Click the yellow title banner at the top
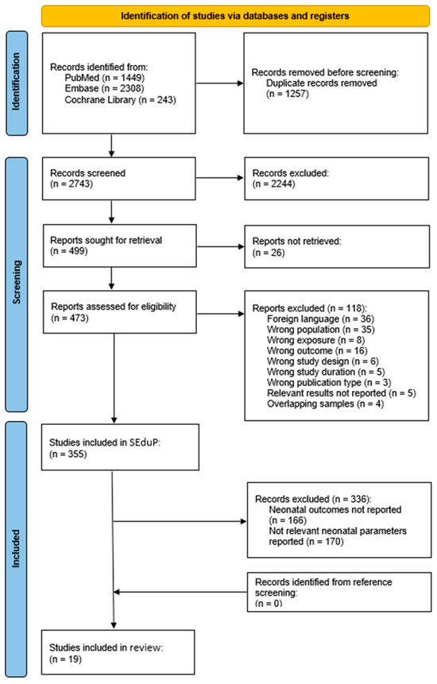pos(235,16)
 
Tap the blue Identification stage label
pos(17,83)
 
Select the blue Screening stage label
pos(16,284)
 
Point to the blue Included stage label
pos(16,549)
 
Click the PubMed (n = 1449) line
pos(105,78)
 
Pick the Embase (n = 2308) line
pos(104,88)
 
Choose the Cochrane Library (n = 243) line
pos(120,100)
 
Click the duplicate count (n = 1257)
pos(288,94)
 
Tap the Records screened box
pos(118,179)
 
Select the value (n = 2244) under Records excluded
pos(274,184)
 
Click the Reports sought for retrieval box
pos(119,245)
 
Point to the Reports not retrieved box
pos(337,246)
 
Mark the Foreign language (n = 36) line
pos(320,319)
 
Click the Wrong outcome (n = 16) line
pos(317,350)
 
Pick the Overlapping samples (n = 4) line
pos(325,404)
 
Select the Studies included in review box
pos(118,652)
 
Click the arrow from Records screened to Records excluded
pos(220,178)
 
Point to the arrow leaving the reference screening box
pos(180,592)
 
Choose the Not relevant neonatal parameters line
pos(338,531)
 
